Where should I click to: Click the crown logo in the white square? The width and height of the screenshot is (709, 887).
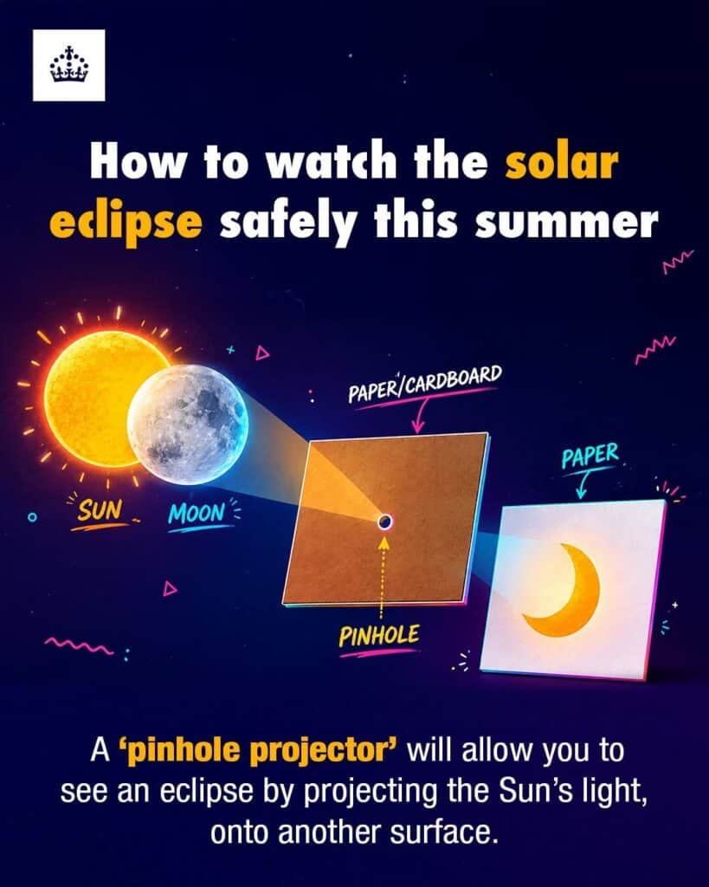pos(69,65)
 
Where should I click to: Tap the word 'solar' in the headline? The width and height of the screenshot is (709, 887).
pos(561,162)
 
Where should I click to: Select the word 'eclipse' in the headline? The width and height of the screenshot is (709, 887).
pos(126,222)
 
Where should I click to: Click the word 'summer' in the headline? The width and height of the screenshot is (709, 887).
pos(566,222)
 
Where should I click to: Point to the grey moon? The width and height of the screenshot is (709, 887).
pos(188,424)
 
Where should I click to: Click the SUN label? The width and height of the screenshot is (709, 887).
pos(100,510)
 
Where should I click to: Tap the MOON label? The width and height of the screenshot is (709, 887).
pos(197,513)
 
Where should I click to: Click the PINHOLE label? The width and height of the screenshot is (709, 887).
pos(379,635)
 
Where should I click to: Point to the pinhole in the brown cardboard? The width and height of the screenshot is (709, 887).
pos(384,521)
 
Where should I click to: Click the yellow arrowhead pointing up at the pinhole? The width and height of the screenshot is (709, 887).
pos(384,542)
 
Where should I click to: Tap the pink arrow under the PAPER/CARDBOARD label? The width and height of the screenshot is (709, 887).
pos(420,415)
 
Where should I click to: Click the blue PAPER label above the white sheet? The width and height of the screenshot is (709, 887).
pos(590,455)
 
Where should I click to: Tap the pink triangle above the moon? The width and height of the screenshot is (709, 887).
pos(261,353)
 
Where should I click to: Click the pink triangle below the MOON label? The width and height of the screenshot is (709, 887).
pos(170,588)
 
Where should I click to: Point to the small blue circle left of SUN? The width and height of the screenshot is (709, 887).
pos(33,516)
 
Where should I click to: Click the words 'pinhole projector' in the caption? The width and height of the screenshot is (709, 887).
pos(258,751)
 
